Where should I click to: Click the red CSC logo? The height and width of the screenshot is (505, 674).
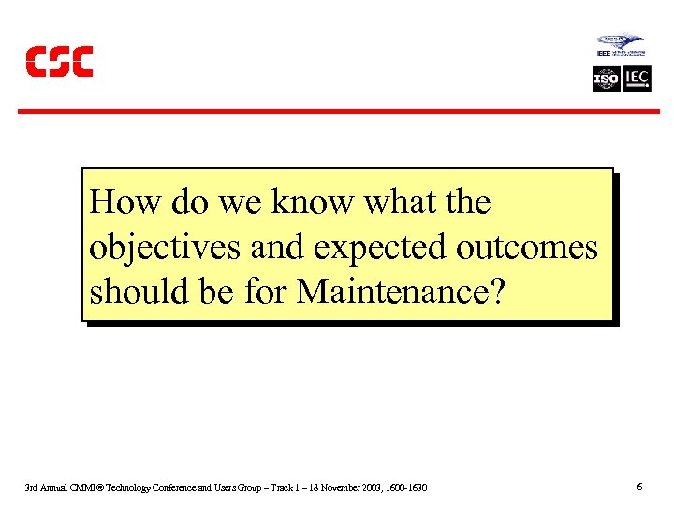tap(59, 62)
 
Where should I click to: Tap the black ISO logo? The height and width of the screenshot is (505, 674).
tap(607, 79)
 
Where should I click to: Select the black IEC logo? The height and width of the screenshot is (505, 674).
tap(637, 79)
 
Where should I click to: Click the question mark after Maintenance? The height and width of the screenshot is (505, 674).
tap(497, 292)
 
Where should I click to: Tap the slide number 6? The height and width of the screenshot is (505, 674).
tap(638, 487)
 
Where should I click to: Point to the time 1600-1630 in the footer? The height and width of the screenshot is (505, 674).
tap(407, 488)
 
